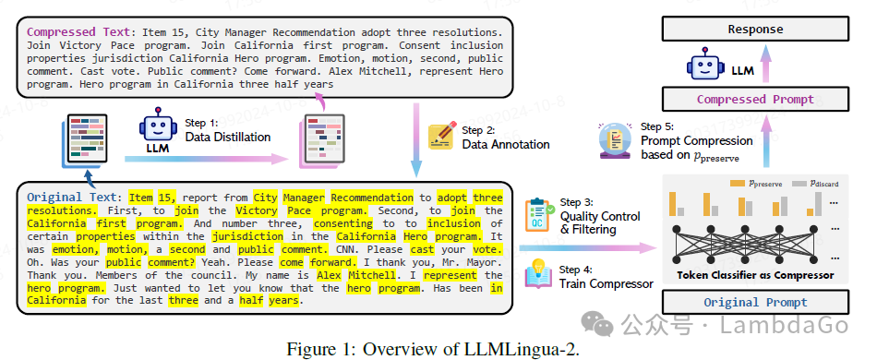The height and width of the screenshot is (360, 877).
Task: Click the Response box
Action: click(x=755, y=29)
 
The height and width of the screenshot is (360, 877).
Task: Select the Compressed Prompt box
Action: click(x=755, y=99)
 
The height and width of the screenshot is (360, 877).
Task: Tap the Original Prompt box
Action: click(x=755, y=303)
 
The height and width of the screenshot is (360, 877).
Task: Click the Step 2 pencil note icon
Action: click(x=440, y=137)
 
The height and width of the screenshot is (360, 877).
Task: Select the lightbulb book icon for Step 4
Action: click(x=538, y=273)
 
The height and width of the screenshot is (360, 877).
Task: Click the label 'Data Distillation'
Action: click(x=228, y=137)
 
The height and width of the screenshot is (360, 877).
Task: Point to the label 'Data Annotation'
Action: click(x=506, y=144)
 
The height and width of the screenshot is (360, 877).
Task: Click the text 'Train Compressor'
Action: click(x=607, y=283)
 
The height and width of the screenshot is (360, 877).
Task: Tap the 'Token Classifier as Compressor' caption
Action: click(x=755, y=275)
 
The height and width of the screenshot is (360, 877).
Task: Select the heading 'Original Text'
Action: click(x=73, y=198)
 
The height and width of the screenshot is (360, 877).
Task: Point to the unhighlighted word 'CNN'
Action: click(x=344, y=249)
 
